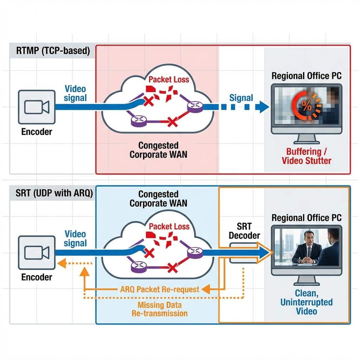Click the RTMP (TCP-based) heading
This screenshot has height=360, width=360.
(53, 51)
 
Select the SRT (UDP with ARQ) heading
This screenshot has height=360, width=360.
(54, 193)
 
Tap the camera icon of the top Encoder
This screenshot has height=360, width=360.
(37, 107)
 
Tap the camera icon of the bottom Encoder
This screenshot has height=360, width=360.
(37, 252)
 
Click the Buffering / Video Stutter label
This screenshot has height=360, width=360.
(307, 156)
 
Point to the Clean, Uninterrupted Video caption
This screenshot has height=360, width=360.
(307, 302)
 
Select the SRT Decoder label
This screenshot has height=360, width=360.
(244, 231)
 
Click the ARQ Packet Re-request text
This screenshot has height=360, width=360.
(160, 289)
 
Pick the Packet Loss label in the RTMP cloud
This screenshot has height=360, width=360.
(169, 79)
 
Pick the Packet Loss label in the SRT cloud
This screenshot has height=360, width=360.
(169, 226)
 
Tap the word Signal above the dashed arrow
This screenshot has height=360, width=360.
(241, 98)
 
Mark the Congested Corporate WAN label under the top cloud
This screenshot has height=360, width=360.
(159, 150)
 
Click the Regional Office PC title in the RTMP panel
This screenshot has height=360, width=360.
(307, 76)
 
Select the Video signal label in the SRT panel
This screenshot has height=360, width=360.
(75, 239)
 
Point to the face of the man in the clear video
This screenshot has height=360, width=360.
(309, 238)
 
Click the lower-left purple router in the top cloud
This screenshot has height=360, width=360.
(139, 121)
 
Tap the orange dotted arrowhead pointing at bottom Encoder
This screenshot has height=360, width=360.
(62, 263)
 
